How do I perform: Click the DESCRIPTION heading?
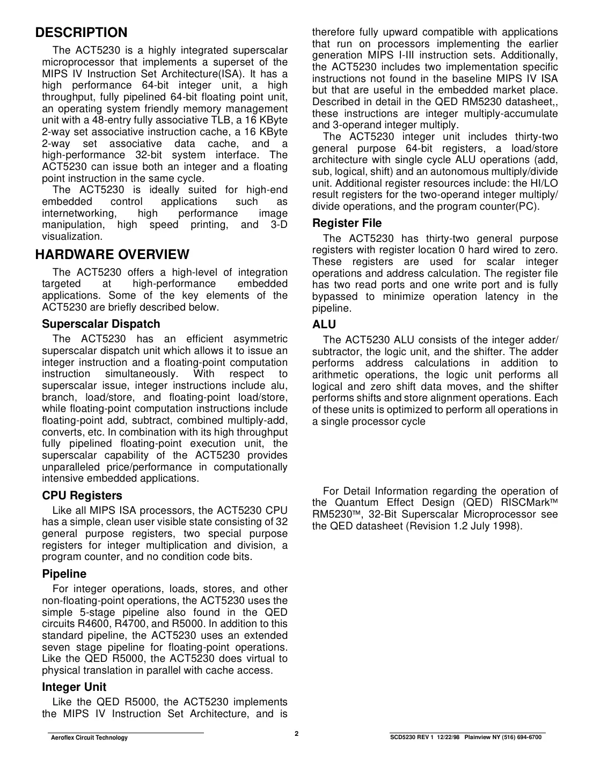81,33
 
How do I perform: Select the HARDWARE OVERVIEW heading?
112,254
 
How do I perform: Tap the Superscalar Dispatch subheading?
101,324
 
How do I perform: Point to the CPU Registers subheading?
82,496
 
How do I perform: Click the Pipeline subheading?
64,574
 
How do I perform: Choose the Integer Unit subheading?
74,687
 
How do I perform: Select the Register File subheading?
347,223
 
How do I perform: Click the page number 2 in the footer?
296,733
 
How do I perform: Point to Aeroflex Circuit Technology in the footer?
89,738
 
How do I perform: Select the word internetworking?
79,213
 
